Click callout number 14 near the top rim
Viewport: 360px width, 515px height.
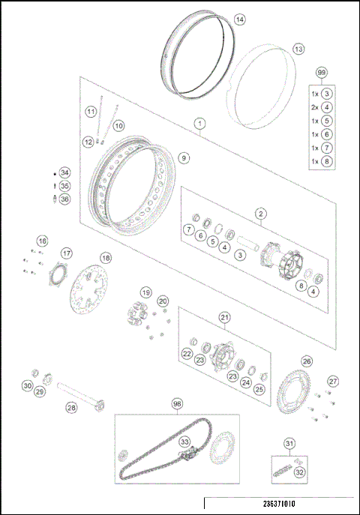point(238,19)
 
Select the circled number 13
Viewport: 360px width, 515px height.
point(298,49)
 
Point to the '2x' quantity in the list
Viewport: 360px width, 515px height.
point(316,106)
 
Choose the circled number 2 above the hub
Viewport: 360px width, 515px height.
point(260,214)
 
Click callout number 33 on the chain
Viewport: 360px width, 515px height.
point(185,442)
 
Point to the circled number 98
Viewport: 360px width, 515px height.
point(177,403)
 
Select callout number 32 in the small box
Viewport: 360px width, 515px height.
point(299,472)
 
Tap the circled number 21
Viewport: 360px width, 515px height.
point(224,318)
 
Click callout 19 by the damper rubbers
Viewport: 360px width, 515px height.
point(146,292)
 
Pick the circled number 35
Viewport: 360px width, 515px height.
point(64,186)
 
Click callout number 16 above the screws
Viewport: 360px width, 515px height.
point(42,241)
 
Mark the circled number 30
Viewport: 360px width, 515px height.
point(28,385)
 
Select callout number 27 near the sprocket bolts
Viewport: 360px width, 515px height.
point(333,381)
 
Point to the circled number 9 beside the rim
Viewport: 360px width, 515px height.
point(184,158)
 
